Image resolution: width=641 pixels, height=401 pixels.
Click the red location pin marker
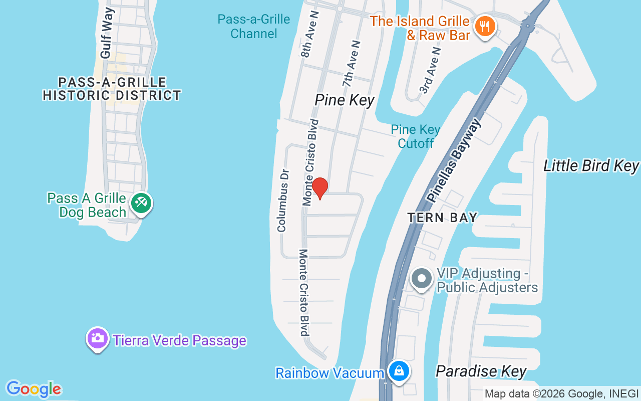pyautogui.click(x=319, y=188)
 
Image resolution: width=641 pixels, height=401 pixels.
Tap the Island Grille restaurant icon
pyautogui.click(x=484, y=26)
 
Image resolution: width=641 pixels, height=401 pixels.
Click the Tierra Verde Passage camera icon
pyautogui.click(x=98, y=338)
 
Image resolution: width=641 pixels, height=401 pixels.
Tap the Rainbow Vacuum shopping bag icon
pyautogui.click(x=399, y=371)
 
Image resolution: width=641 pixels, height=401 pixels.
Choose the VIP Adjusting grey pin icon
pyautogui.click(x=422, y=278)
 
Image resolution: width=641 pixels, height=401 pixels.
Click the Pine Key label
pyautogui.click(x=344, y=100)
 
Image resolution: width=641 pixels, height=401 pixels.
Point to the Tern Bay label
pyautogui.click(x=442, y=218)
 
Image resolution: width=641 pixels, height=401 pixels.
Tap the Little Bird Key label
pyautogui.click(x=591, y=166)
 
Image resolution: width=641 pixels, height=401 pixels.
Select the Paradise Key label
pyautogui.click(x=481, y=371)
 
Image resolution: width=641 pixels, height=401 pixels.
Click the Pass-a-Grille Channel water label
pyautogui.click(x=253, y=27)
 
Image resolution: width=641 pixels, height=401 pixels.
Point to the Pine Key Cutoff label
pyautogui.click(x=416, y=136)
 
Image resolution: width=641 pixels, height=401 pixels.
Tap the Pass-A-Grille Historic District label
pyautogui.click(x=112, y=89)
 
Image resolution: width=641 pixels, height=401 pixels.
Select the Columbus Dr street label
pyautogui.click(x=283, y=200)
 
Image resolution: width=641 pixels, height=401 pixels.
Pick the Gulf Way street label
pyautogui.click(x=107, y=33)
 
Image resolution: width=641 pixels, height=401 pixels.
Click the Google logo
pyautogui.click(x=34, y=389)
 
